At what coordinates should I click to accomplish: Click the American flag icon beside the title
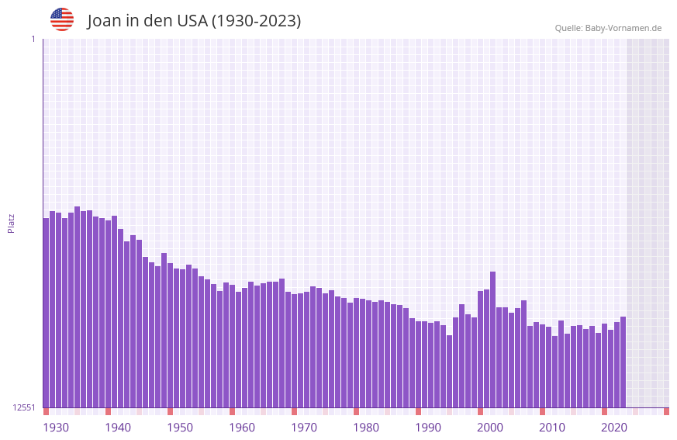coord(62,19)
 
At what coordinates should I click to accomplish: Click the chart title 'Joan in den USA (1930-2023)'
coord(194,21)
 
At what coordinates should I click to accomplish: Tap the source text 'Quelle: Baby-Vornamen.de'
coord(608,28)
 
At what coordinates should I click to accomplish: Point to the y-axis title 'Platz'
coord(11,223)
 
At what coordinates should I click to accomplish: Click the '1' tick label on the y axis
coord(33,39)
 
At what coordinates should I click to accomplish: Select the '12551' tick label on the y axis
coord(24,407)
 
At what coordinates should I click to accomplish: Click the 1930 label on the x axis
coord(56,428)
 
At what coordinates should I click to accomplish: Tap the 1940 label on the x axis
coord(118,428)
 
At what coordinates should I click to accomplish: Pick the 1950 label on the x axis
coord(180,428)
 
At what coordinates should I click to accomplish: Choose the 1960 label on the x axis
coord(242,428)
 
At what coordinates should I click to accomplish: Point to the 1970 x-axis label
coord(304,428)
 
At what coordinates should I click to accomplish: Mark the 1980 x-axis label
coord(366,428)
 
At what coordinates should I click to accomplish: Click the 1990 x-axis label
coord(428,428)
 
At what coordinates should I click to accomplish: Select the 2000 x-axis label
coord(490,428)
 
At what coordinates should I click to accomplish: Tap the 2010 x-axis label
coord(552,428)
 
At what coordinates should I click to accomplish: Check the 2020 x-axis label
coord(614,428)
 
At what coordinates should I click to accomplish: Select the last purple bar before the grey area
coord(623,362)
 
